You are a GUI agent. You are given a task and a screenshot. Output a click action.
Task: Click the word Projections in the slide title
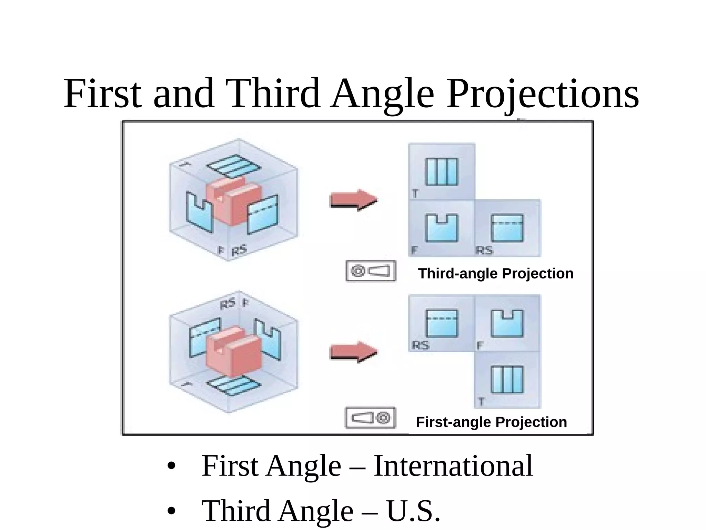coord(542,94)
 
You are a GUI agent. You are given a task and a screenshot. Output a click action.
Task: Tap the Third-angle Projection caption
coord(496,274)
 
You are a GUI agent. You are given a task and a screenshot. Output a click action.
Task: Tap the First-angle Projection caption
coord(491,422)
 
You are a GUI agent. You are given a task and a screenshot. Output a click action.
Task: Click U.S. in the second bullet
coord(413,511)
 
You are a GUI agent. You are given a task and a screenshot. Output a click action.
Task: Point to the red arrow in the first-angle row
coord(354,352)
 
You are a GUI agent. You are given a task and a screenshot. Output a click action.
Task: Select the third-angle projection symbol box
coord(371,271)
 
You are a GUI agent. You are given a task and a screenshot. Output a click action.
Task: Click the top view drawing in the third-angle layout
coord(442,172)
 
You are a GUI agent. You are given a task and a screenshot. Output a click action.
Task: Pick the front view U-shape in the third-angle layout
coord(442,228)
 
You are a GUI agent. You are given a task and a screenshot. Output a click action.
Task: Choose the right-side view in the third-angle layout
coord(507,228)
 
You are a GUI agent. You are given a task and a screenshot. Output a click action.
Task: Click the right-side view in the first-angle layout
coord(442,323)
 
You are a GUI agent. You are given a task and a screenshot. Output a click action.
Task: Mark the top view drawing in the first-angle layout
coord(507,380)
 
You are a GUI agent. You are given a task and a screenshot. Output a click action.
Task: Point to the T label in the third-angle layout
coord(415,194)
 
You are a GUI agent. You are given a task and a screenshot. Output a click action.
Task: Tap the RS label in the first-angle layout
coord(421,345)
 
